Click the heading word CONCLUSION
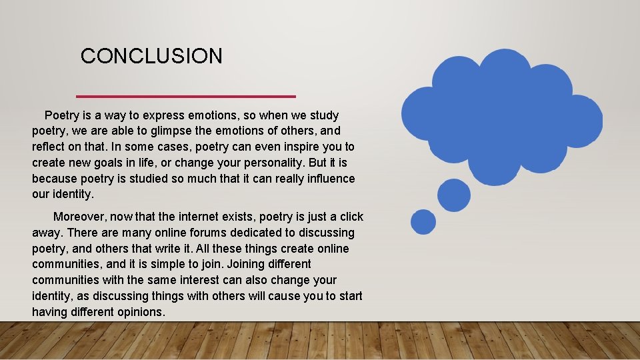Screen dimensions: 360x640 pos(151,56)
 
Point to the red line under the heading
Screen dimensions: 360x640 pos(186,96)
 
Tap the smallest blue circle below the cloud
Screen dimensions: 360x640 pos(423,221)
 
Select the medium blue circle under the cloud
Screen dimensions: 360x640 pos(454,194)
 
